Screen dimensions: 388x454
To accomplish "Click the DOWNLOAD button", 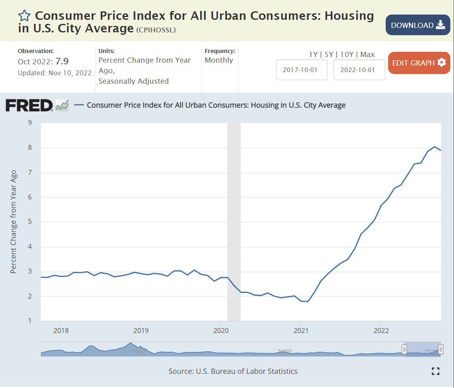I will tap(418, 25).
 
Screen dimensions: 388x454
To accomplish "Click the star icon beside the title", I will tap(24, 16).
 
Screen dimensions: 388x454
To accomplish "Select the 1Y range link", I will tap(313, 55).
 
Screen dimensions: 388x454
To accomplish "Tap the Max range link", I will tap(367, 55).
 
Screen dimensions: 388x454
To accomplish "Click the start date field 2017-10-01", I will tap(302, 70).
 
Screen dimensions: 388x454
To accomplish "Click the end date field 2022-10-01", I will tap(359, 70).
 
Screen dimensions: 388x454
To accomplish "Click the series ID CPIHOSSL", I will tap(156, 30).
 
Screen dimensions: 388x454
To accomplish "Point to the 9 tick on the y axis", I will tap(30, 123).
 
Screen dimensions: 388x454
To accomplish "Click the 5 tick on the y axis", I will tap(30, 222).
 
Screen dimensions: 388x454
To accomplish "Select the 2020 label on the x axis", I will tap(220, 331).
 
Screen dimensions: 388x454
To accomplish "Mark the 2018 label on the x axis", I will tap(61, 331).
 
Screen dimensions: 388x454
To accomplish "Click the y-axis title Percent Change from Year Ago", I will tap(13, 222).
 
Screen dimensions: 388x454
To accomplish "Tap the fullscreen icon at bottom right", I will tap(435, 371).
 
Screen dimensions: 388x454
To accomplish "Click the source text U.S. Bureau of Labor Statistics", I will tap(247, 371).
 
